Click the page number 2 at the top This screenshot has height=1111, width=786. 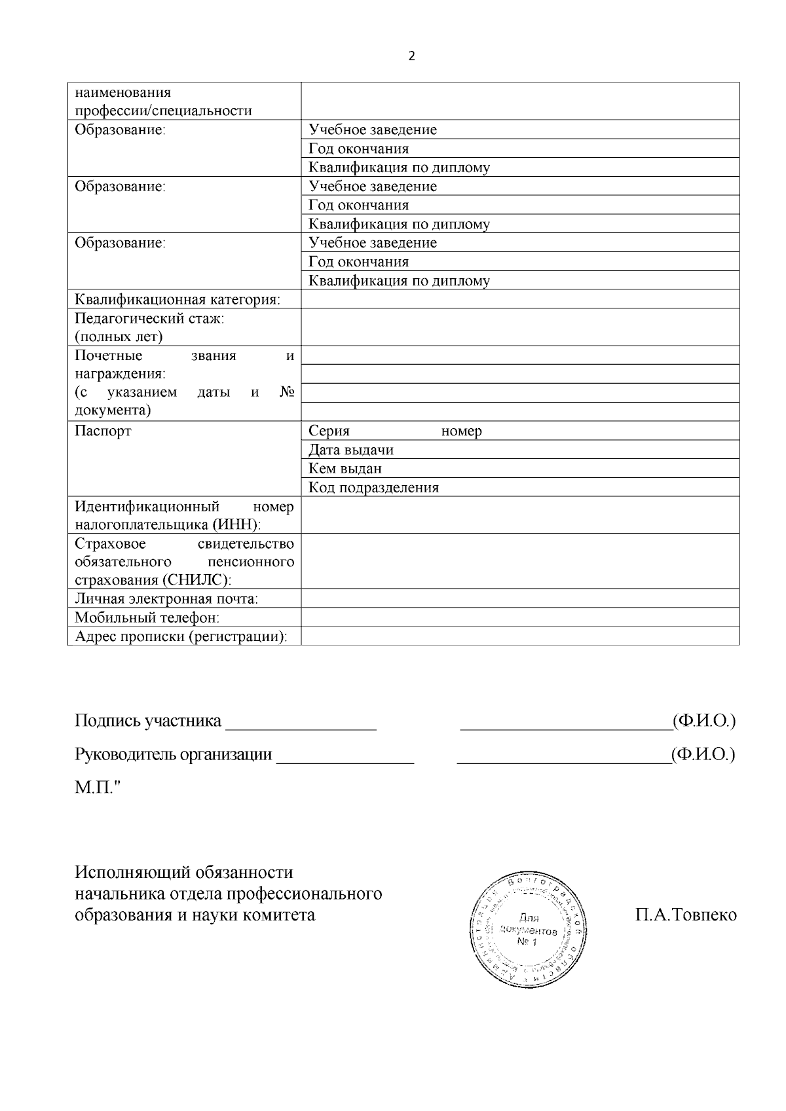411,56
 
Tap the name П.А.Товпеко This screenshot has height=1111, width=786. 685,915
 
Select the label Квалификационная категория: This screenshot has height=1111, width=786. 178,300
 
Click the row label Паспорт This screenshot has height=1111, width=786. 103,431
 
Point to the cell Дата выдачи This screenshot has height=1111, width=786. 351,450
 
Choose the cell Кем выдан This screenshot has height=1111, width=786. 345,469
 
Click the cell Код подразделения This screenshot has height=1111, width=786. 373,488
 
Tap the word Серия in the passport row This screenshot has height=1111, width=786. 329,431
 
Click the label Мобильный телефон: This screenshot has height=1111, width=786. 147,617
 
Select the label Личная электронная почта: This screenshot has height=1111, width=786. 166,599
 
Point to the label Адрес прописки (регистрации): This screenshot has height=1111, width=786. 181,636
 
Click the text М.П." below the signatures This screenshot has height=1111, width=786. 98,787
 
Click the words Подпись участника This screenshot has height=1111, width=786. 148,721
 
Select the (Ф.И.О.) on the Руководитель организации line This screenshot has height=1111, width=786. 703,754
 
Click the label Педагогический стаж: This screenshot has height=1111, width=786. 149,319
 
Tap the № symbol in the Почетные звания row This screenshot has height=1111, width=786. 286,392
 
